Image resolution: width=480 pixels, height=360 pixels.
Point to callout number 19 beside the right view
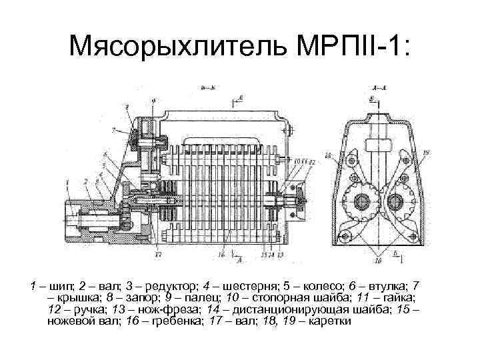pos(425,154)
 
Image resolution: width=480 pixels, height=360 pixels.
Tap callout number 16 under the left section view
pos(219,254)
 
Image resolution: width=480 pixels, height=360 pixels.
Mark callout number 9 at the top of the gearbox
pos(155,101)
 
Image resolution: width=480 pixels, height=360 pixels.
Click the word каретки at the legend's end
pos(332,321)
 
